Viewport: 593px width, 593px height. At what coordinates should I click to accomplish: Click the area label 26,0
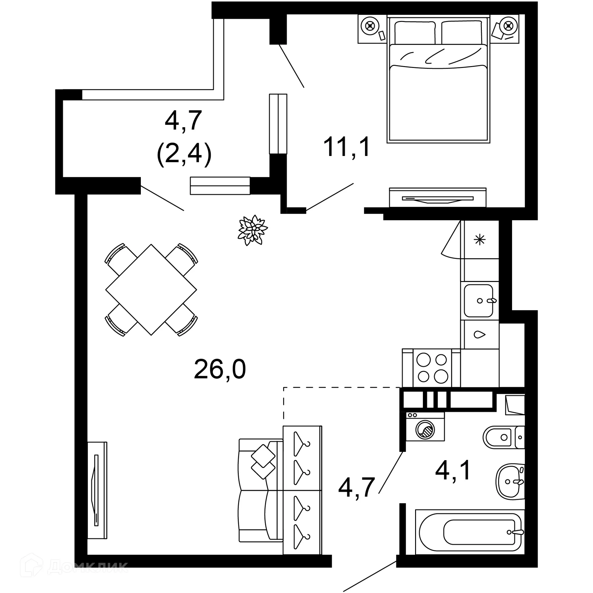(x=220, y=369)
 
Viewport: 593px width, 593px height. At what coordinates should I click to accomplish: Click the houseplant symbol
(x=252, y=230)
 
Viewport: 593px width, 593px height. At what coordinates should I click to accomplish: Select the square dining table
(x=151, y=290)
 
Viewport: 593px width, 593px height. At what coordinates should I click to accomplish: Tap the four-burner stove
(x=432, y=368)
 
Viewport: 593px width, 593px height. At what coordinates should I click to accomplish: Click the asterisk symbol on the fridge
(x=480, y=239)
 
